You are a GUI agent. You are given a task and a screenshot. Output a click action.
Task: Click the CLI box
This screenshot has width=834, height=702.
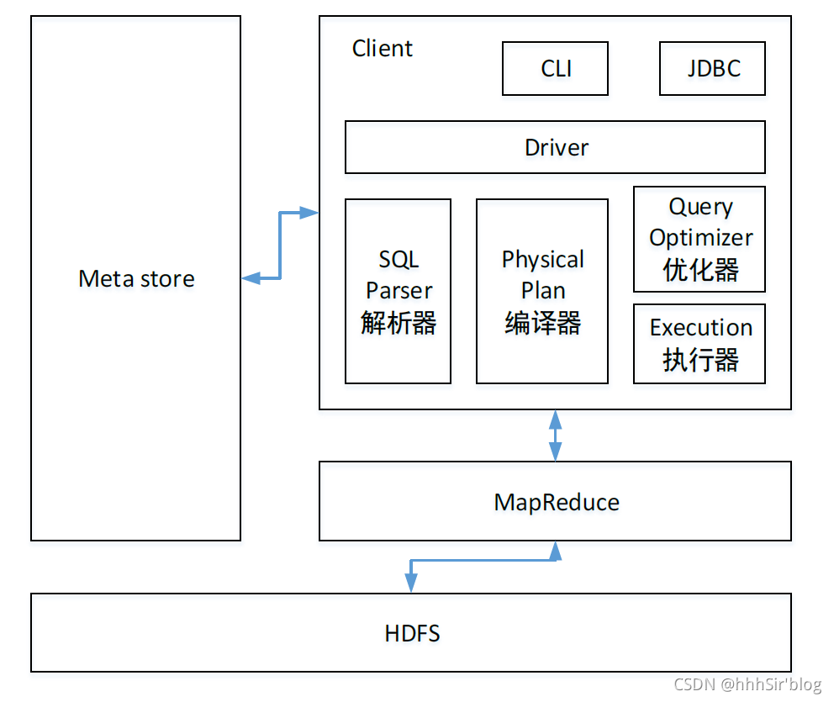click(555, 69)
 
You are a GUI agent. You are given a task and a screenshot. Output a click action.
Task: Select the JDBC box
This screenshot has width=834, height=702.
click(713, 69)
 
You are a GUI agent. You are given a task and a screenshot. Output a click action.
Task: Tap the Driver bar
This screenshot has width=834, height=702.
click(555, 147)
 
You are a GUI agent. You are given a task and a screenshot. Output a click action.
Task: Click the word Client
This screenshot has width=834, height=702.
click(383, 49)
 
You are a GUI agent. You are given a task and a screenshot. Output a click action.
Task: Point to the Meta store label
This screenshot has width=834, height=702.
click(136, 279)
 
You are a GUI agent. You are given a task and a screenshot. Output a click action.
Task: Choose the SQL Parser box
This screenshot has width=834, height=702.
click(398, 291)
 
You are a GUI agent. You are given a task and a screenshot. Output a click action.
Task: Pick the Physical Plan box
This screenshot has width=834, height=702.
click(542, 291)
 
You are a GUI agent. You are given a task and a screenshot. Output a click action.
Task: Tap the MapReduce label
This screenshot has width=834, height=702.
click(557, 503)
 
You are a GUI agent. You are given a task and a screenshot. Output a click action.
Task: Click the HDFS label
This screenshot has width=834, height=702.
click(412, 633)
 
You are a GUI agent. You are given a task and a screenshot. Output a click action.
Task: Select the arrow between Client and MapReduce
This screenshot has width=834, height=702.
click(555, 435)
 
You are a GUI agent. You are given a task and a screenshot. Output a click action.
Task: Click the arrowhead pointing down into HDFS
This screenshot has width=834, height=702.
click(411, 584)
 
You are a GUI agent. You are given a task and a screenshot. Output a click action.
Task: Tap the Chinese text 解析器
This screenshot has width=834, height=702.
click(399, 323)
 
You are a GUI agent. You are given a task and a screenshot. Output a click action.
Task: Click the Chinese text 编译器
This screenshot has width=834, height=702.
click(542, 323)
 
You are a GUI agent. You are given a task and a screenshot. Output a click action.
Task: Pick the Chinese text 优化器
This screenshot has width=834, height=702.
click(700, 270)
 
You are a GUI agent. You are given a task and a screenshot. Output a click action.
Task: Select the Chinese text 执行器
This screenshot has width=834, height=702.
click(700, 360)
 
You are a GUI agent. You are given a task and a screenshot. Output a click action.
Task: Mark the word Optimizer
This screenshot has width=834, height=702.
click(700, 238)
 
